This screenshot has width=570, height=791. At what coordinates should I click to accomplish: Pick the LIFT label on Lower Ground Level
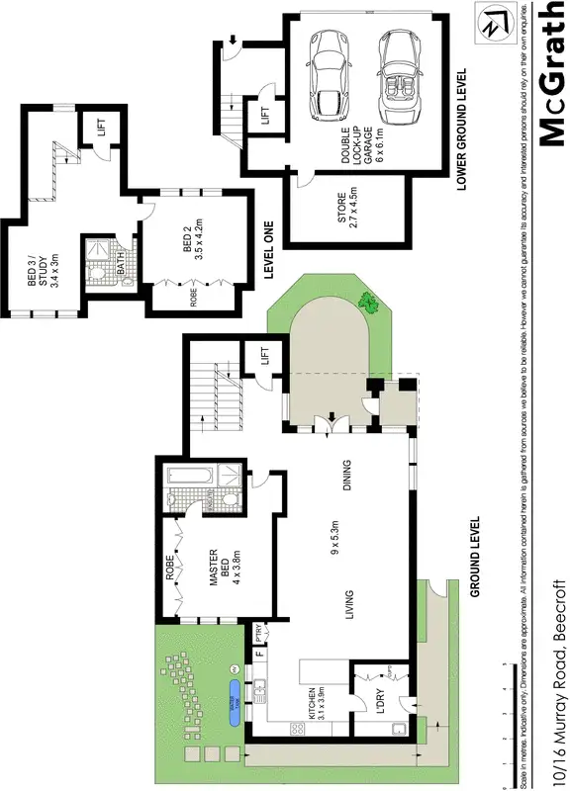[x=265, y=117]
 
